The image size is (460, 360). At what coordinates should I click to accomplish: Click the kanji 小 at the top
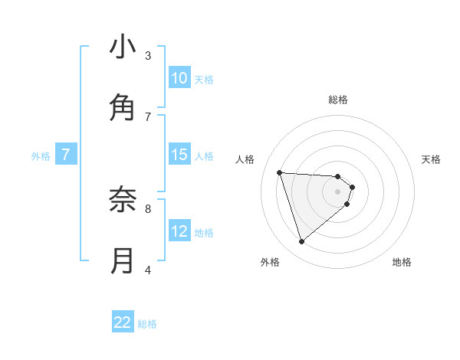(x=123, y=47)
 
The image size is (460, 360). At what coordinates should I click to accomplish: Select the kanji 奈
(x=123, y=201)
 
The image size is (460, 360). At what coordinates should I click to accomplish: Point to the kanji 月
(x=123, y=261)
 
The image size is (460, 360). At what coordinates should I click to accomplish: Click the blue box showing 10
(x=179, y=78)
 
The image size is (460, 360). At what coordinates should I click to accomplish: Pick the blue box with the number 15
(x=179, y=155)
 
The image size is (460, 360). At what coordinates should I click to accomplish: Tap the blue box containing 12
(x=179, y=231)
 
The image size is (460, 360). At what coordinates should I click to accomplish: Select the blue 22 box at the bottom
(x=123, y=323)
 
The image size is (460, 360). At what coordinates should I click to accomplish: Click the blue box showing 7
(x=66, y=155)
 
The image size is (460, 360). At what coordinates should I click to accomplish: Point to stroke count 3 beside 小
(x=148, y=55)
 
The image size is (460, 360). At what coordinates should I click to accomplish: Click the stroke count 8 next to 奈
(x=148, y=208)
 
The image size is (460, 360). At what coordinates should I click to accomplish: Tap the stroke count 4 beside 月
(x=148, y=270)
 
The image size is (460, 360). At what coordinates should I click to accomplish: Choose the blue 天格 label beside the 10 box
(x=204, y=79)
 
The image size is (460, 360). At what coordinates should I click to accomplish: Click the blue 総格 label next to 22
(x=147, y=324)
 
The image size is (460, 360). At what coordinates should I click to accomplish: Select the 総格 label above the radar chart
(x=338, y=100)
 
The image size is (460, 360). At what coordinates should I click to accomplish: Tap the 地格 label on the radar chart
(x=402, y=262)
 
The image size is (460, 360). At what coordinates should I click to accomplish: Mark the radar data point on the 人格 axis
(x=280, y=172)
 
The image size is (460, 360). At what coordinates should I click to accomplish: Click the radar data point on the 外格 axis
(x=301, y=242)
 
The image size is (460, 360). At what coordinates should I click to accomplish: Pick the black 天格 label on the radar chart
(x=431, y=159)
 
